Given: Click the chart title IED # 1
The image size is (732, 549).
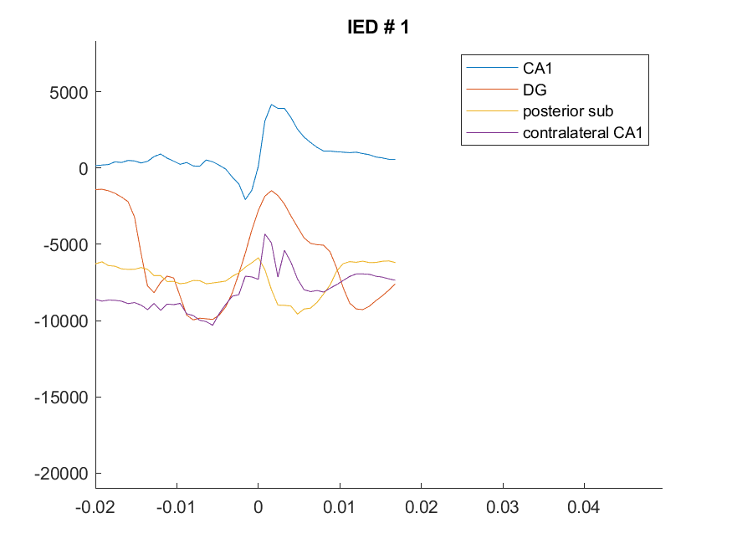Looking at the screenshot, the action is (x=378, y=27).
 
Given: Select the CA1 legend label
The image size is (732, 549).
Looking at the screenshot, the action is (x=537, y=68).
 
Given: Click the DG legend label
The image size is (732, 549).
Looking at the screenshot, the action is (x=535, y=90).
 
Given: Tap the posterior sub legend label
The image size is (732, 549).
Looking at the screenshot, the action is (x=568, y=111).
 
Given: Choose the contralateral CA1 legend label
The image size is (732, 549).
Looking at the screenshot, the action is (x=582, y=132).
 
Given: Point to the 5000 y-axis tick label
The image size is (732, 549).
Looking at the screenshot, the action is (x=69, y=92).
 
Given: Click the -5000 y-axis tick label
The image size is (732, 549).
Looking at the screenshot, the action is (x=65, y=244).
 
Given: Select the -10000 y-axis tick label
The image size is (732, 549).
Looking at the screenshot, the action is (x=61, y=321).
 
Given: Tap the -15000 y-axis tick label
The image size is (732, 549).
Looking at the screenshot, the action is (x=61, y=398).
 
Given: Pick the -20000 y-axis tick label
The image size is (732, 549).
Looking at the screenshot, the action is (x=61, y=474).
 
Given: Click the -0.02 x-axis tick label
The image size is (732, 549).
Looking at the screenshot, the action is (x=95, y=507).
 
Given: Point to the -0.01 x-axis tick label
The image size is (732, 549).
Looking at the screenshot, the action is (x=176, y=507).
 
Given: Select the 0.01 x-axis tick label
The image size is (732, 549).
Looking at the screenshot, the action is (x=340, y=507).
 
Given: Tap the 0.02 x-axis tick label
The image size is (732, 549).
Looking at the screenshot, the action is (x=421, y=507).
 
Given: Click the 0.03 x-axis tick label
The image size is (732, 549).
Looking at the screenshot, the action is (x=502, y=507).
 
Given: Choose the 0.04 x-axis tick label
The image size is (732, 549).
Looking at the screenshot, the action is (x=584, y=507).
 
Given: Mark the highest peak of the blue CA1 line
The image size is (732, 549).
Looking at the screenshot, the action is (x=272, y=105).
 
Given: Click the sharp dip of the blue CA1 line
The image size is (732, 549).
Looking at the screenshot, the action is (x=245, y=199).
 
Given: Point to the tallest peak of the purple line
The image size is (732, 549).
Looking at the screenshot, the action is (x=264, y=234).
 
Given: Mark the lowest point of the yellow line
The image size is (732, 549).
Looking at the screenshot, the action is (x=297, y=314).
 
